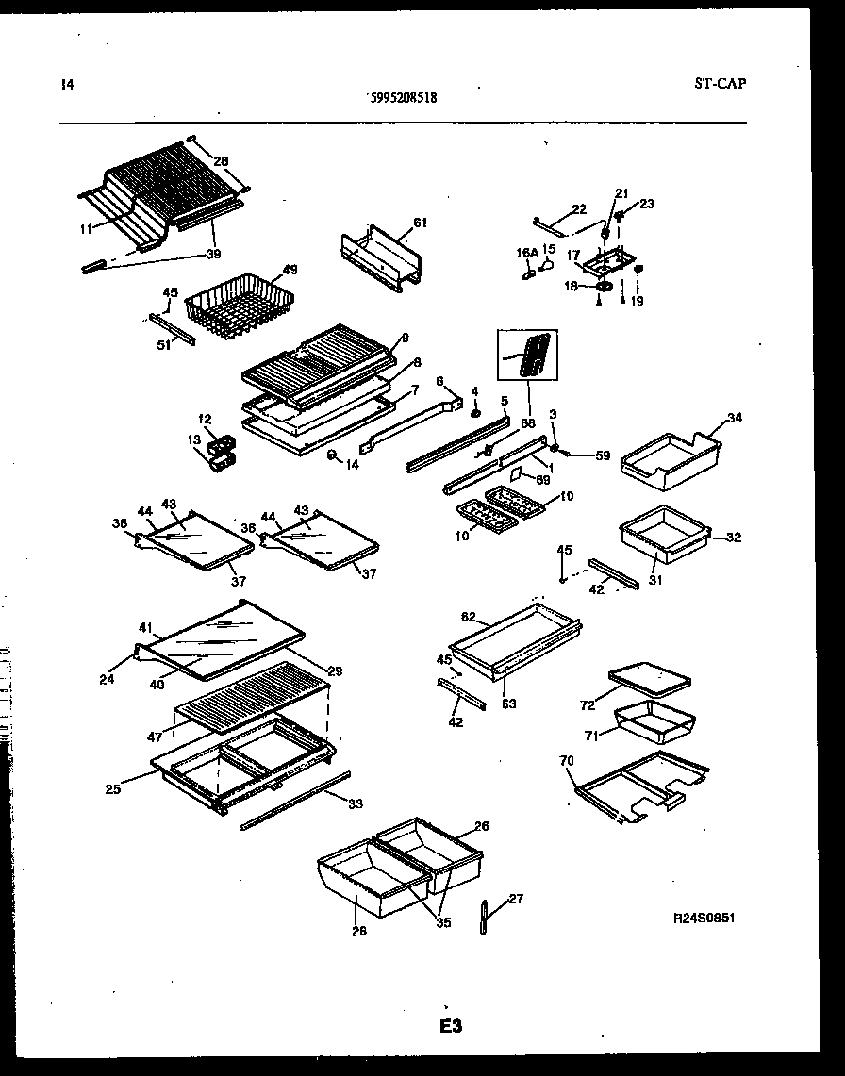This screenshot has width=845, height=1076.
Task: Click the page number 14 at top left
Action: coord(65,85)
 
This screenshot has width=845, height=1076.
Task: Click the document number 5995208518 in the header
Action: coord(401,96)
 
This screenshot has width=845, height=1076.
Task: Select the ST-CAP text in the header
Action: coord(720,84)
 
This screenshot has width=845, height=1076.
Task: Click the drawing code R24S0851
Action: coord(704,918)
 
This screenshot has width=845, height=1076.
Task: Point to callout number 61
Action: coord(420,223)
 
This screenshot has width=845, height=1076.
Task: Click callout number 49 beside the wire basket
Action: coord(290,270)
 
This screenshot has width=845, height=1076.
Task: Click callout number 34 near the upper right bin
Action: coord(735,418)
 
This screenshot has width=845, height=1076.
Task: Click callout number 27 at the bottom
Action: coord(515,899)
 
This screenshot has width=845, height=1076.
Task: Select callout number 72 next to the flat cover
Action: coord(587,704)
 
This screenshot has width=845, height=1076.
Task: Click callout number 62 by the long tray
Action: coord(468,617)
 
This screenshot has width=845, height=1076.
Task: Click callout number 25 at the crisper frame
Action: coord(113,788)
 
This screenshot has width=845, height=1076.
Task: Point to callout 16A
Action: coord(525,253)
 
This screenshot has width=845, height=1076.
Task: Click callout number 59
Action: coord(603,456)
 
